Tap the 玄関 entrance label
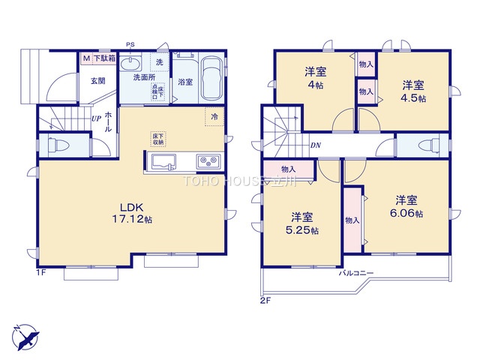point(98,80)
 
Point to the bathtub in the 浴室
point(211,77)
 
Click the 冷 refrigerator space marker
point(214,117)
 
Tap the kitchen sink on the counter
point(163,160)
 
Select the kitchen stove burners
point(208,160)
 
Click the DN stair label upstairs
point(316,146)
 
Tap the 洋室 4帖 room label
point(315,78)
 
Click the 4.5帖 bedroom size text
point(413,98)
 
